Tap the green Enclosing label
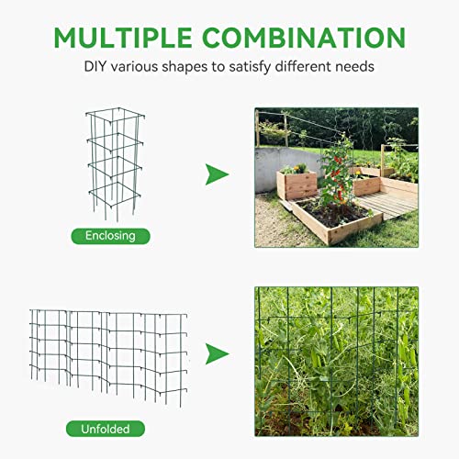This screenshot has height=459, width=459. pos(110,236)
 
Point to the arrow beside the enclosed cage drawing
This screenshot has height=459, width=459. pos(217,174)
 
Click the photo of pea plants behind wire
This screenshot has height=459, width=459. pos(335,362)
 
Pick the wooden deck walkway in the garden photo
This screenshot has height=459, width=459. pos(390,204)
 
